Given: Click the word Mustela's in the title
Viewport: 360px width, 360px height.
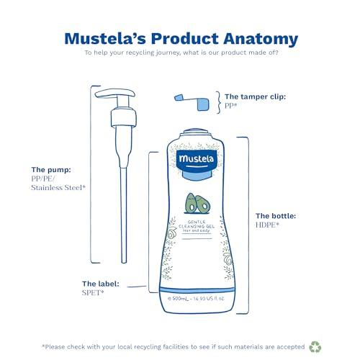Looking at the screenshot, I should coord(102,38).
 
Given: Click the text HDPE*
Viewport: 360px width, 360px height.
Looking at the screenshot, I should coord(269,225).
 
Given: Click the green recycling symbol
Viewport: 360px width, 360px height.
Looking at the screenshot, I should coord(316,346).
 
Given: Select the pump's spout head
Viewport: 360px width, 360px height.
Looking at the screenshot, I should coord(108,95).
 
